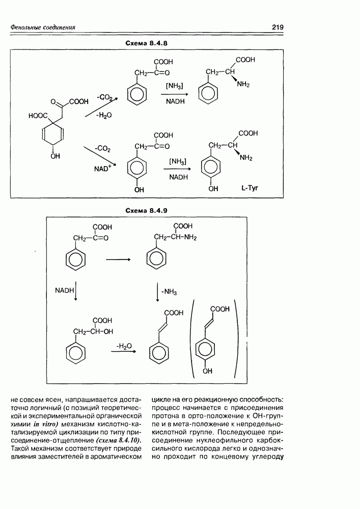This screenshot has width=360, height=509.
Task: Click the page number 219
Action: pos(277,27)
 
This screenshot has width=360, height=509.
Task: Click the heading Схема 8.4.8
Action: pos(146,43)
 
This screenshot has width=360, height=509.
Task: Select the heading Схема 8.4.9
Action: pos(146,210)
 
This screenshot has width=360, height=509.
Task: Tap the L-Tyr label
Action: pos(250,188)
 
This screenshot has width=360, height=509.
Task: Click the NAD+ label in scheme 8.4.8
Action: pos(102,168)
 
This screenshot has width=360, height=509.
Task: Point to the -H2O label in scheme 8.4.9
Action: pos(124,346)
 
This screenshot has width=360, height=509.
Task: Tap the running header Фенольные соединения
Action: pos(43,27)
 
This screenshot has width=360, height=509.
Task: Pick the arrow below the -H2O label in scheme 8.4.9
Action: pos(124,352)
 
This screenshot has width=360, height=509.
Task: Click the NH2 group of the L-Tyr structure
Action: pos(245,158)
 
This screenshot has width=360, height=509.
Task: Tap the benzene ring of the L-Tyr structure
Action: pos(211,168)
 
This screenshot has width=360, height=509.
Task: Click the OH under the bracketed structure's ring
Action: pos(207,372)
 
